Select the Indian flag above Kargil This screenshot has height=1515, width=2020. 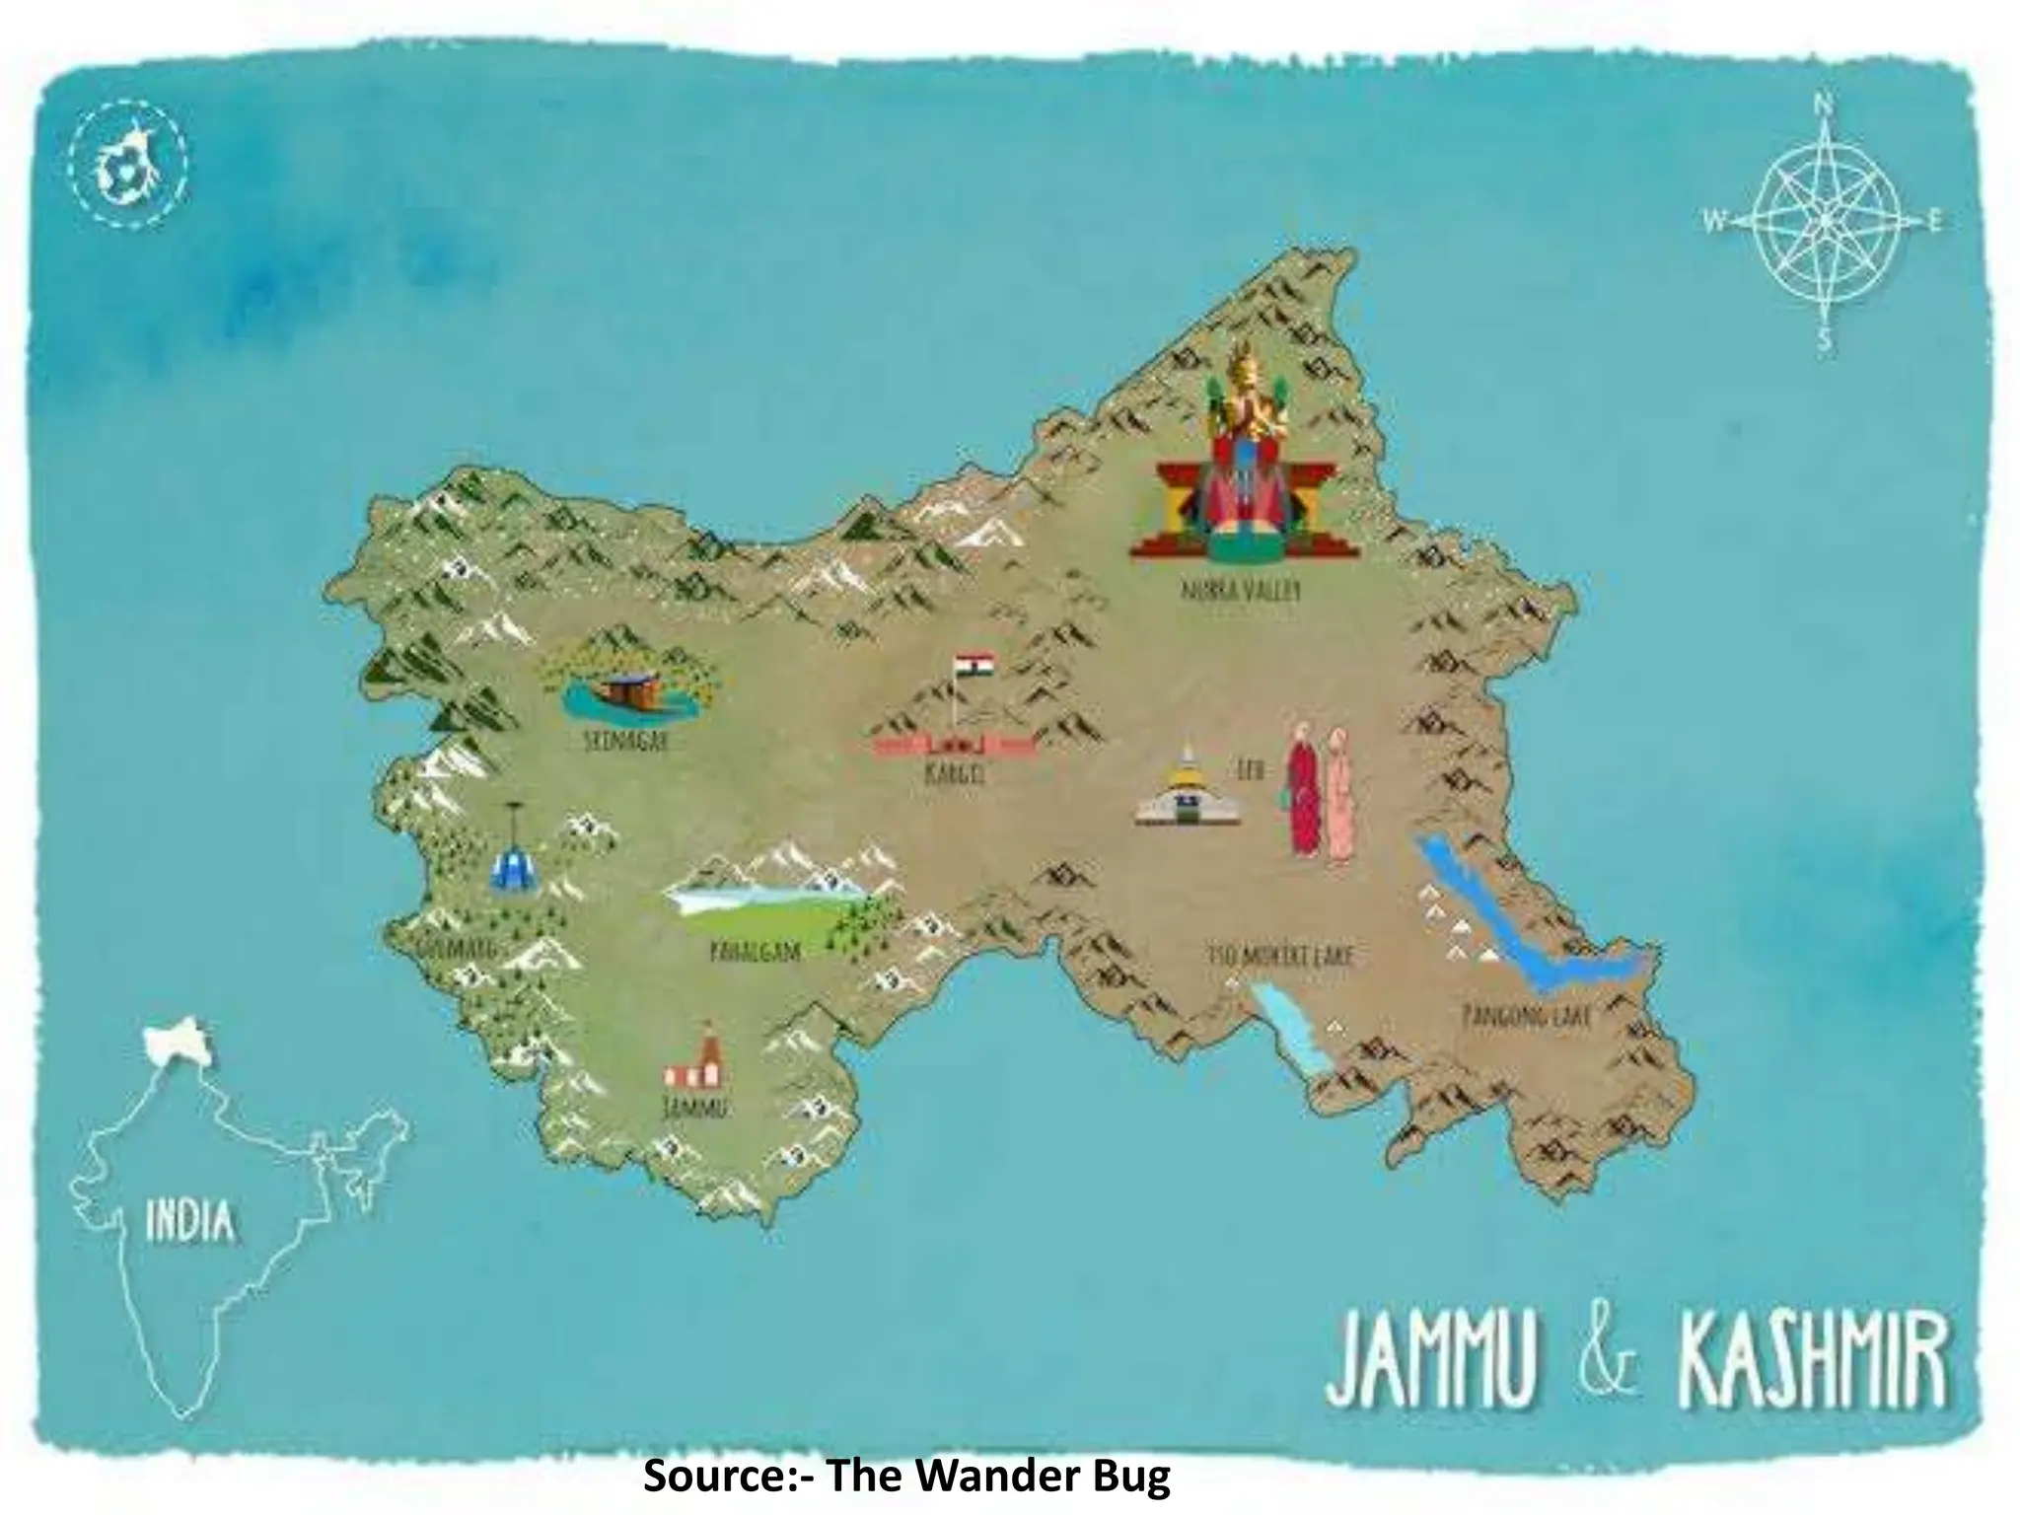tap(974, 667)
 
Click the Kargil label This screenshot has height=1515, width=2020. tap(954, 775)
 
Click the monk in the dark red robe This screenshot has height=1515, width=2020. tap(1302, 789)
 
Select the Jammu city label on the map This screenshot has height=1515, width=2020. tap(694, 1108)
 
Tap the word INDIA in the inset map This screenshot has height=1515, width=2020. tap(191, 1223)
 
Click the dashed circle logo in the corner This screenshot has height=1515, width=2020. tap(127, 168)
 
